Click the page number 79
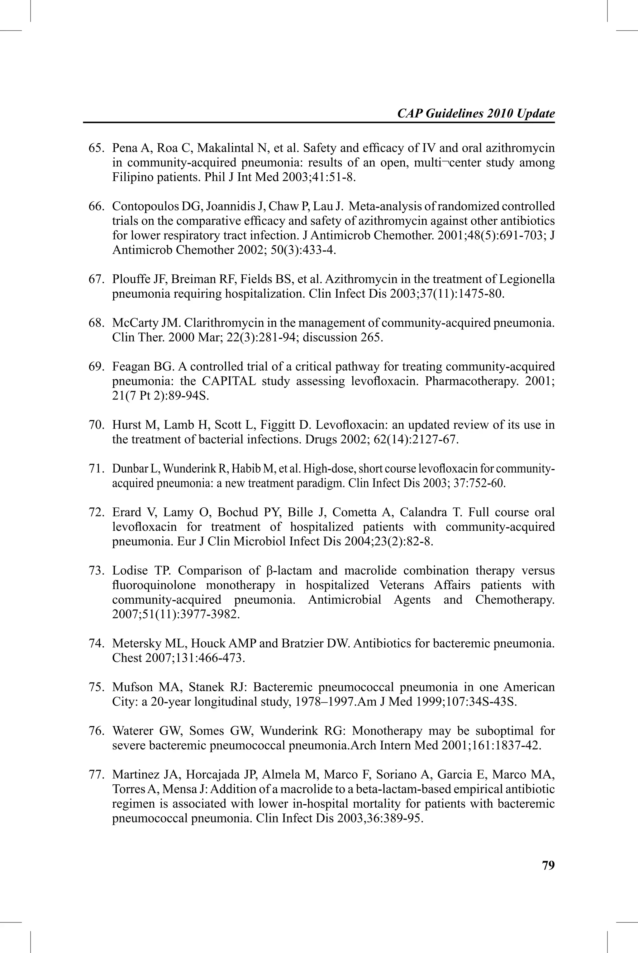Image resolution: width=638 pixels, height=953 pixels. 548,865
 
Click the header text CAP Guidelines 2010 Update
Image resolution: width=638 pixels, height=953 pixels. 476,113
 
